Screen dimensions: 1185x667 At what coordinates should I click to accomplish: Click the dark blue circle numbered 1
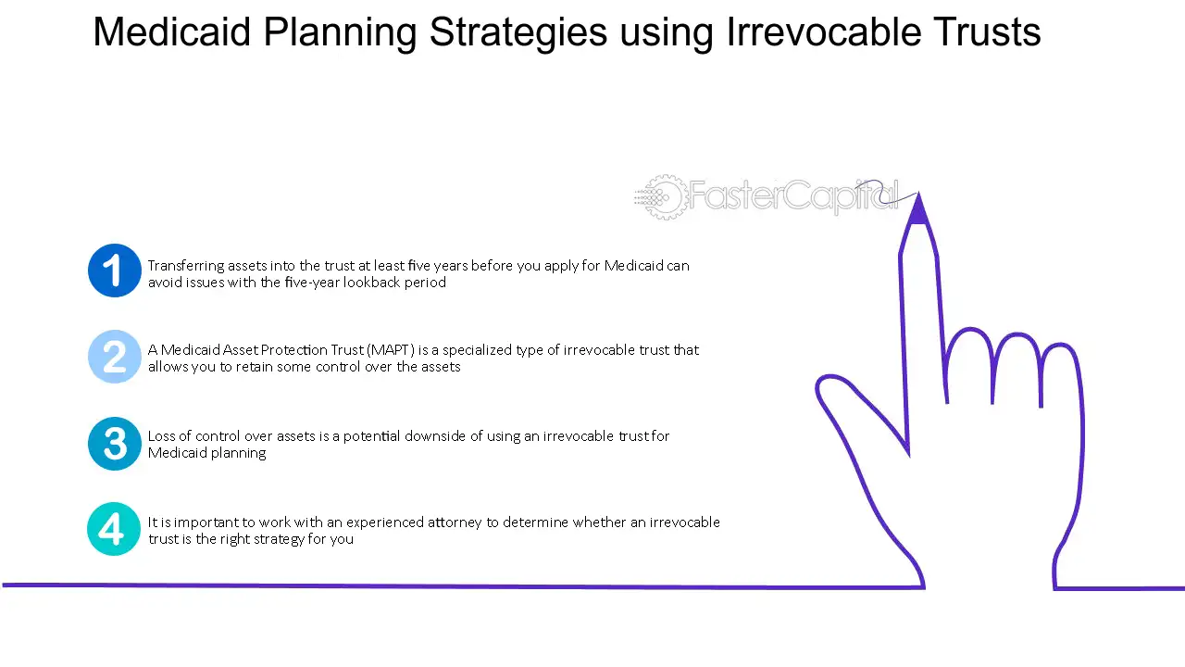point(114,271)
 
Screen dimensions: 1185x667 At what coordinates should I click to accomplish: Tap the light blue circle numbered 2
point(114,357)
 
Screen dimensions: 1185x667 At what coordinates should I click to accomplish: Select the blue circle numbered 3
point(114,443)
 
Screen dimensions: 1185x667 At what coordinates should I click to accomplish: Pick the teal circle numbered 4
point(114,529)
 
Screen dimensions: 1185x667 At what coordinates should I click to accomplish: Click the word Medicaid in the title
point(171,31)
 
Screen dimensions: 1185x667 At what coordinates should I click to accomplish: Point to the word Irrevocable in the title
point(823,31)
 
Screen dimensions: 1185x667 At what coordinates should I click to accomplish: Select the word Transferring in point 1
point(186,266)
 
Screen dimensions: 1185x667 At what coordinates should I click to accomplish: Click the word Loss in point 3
point(161,435)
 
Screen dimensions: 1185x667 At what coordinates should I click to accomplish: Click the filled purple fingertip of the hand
point(918,209)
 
